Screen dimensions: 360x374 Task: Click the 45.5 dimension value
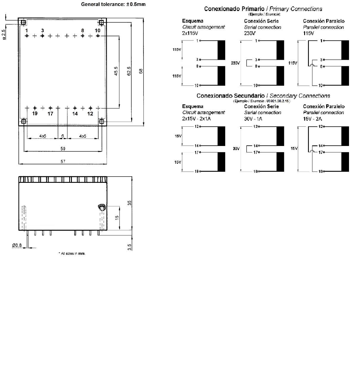coord(116,71)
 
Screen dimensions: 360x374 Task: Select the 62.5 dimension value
coord(129,71)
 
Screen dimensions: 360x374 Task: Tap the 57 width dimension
coord(63,161)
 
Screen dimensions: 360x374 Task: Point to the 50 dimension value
coord(63,149)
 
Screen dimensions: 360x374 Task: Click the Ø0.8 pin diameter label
coord(17,245)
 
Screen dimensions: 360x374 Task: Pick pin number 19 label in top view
coord(35,113)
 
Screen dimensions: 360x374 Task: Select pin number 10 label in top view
coord(97,30)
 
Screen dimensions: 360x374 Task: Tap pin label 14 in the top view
coord(75,114)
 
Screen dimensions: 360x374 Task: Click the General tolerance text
coord(113,4)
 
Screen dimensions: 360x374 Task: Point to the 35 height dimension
coord(130,203)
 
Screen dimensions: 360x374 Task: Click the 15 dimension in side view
coord(117,218)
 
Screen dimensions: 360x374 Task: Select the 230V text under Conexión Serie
coord(250,33)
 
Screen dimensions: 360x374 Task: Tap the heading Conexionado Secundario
coord(230,96)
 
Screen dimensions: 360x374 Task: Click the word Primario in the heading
coord(253,9)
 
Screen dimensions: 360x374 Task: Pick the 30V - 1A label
coord(253,119)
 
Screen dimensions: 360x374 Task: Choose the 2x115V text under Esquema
coord(190,33)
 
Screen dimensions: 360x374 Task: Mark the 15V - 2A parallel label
coord(312,119)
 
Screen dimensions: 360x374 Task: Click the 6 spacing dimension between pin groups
coord(63,136)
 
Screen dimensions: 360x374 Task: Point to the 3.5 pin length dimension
coord(130,247)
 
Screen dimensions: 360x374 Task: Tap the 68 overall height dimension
coord(141,71)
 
